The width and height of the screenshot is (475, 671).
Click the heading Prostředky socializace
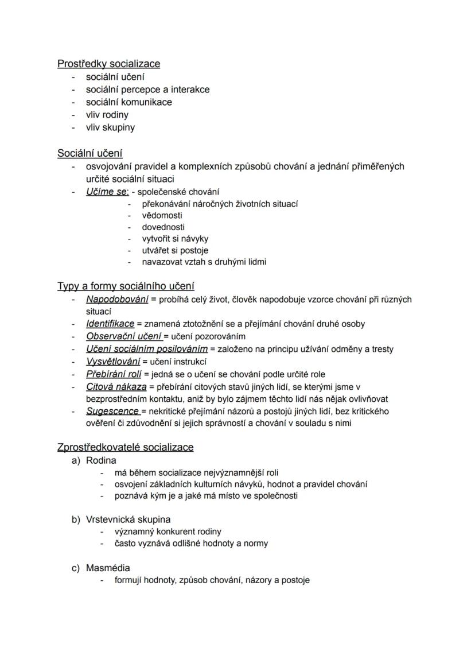pos(108,64)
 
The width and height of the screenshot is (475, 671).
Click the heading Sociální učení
pos(89,153)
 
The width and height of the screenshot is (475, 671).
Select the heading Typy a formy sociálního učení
pos(126,286)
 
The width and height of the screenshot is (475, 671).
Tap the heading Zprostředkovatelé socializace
pos(125,447)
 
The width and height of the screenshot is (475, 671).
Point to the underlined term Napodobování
pos(117,299)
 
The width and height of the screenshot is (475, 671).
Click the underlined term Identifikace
pos(110,324)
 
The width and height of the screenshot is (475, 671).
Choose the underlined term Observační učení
pos(124,336)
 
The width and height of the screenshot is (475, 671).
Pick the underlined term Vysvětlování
pos(113,362)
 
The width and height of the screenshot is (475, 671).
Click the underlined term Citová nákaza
pos(116,387)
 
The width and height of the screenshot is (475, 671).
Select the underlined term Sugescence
pos(112,411)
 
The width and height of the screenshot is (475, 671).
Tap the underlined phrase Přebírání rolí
pos(114,374)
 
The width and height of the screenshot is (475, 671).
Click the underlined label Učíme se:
pos(107,192)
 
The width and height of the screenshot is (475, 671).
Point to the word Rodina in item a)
pos(101,460)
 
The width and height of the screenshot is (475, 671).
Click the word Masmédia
pos(108,568)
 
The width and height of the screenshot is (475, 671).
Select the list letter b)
pos(76,519)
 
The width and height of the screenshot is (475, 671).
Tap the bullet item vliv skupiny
pos(110,127)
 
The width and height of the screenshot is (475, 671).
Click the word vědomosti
pos(162,215)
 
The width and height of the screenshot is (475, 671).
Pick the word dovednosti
pos(163,227)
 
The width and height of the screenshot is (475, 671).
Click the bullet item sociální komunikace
pos(129,102)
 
